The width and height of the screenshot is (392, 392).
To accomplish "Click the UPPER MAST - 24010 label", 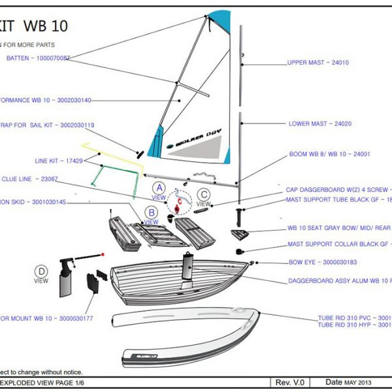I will click(318, 63).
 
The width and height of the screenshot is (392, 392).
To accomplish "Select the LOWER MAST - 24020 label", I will click(320, 123).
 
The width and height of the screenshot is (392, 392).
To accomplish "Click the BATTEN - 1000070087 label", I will click(38, 58).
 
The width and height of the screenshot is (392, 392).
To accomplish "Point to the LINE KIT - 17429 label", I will click(58, 160).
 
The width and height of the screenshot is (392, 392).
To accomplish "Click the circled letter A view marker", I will click(159, 188).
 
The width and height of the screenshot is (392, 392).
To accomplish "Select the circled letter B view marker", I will click(151, 212).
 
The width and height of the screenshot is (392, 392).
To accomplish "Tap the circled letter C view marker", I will click(204, 193).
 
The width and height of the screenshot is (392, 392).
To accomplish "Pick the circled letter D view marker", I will click(41, 271).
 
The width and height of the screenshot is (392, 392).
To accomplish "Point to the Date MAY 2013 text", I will click(349, 382).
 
